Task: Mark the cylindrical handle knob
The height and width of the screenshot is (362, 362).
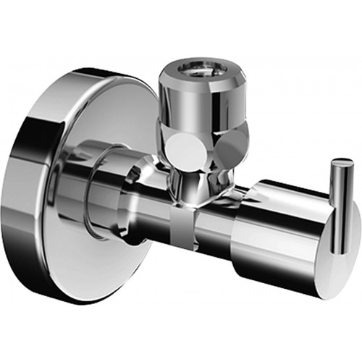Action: (x=282, y=232)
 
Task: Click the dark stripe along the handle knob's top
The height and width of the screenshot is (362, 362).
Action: (x=282, y=190)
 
